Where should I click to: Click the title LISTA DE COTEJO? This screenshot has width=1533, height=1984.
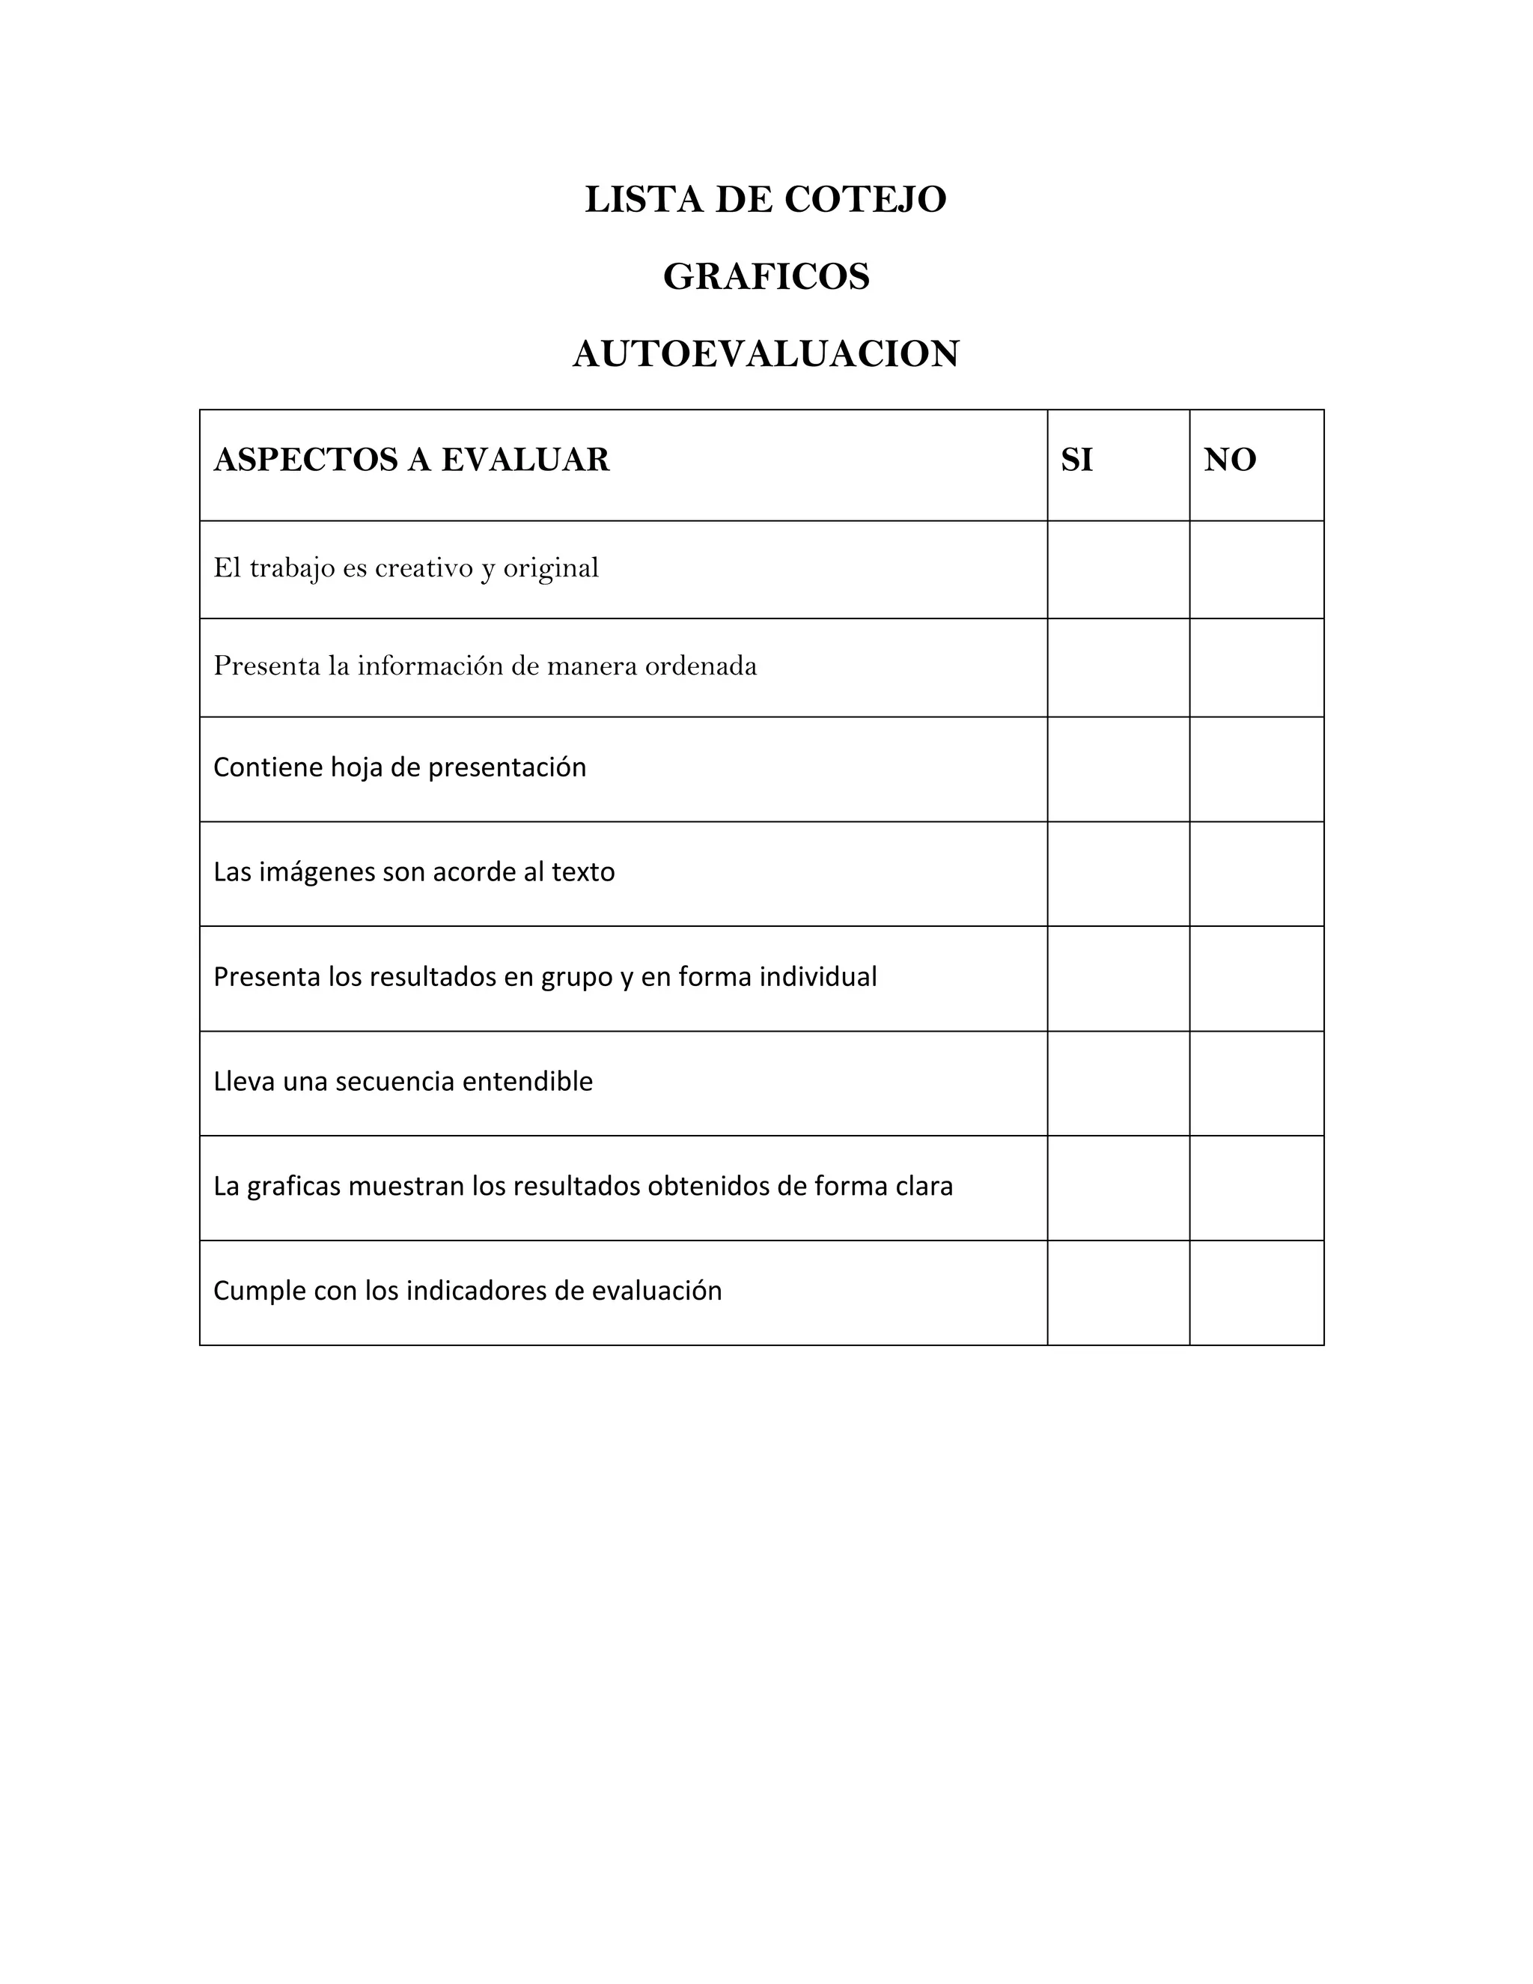click(x=766, y=200)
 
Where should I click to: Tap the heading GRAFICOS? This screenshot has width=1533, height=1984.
click(x=766, y=277)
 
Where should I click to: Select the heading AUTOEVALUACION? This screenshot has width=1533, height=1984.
click(x=766, y=354)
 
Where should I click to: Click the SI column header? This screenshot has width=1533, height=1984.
click(x=1077, y=460)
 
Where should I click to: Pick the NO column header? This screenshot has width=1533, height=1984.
click(x=1230, y=460)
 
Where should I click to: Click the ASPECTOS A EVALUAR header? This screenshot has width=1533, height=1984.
click(x=412, y=460)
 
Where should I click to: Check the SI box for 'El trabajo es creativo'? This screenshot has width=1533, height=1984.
click(x=1118, y=570)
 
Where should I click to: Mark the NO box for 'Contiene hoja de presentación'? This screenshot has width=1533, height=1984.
click(x=1256, y=770)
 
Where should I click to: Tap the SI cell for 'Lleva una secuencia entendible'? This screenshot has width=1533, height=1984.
click(x=1118, y=1083)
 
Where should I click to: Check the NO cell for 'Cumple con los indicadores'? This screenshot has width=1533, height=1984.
click(x=1256, y=1293)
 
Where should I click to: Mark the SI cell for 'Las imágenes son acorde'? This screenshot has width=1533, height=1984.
click(x=1118, y=874)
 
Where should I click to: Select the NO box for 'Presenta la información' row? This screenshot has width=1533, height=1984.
click(x=1256, y=668)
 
